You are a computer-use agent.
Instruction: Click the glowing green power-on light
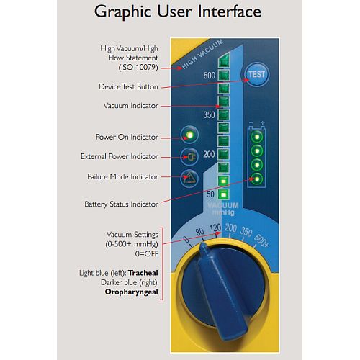pos(189,135)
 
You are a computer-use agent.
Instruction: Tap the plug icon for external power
pos(189,157)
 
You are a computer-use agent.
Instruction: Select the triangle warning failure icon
pos(189,179)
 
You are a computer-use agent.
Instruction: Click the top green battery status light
pos(257,137)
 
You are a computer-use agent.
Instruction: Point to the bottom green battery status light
pos(257,179)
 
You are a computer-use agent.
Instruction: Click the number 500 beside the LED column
pos(210,76)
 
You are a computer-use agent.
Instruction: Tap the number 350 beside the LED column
pos(210,114)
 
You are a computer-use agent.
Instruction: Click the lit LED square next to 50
pos(224,194)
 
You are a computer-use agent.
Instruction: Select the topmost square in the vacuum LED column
pos(224,60)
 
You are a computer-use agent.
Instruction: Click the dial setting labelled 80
pos(199,232)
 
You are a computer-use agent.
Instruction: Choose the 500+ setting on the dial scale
pos(261,240)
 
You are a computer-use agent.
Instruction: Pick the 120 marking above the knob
pos(215,228)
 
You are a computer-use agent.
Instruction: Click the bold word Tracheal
pos(143,273)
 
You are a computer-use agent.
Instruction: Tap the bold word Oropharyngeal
pos(132,292)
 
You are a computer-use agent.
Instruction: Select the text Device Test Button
pos(128,86)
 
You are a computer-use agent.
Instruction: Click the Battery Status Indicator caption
pos(121,204)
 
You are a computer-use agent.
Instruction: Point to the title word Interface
pos(230,12)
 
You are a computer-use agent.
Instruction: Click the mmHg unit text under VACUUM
pos(223,212)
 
